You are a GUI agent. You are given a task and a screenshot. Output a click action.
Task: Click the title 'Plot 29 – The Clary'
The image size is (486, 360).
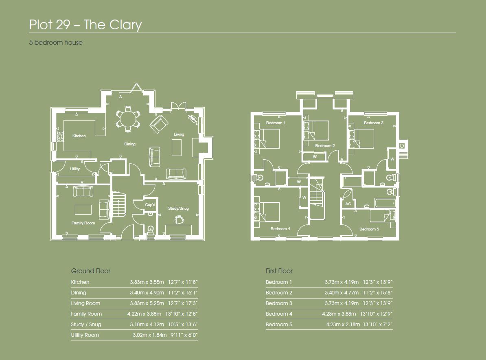(x=85, y=25)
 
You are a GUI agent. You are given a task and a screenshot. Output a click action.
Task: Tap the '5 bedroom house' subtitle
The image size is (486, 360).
(x=56, y=42)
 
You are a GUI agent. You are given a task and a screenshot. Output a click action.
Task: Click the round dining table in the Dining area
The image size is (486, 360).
(x=128, y=119)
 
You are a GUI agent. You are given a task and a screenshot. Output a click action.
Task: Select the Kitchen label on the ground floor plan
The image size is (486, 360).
(x=79, y=136)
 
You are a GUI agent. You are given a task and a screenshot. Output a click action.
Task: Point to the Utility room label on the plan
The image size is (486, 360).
(x=75, y=169)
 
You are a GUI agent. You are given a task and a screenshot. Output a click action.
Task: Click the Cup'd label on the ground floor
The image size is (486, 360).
(x=150, y=205)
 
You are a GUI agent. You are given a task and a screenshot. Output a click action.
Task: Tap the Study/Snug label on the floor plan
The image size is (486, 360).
(x=178, y=209)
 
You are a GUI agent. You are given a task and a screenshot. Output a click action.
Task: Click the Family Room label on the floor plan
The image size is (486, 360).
(x=83, y=223)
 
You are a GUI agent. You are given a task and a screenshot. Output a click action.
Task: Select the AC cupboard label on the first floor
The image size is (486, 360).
(x=348, y=204)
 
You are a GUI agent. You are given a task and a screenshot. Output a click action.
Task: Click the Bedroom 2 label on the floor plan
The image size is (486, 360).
(x=325, y=145)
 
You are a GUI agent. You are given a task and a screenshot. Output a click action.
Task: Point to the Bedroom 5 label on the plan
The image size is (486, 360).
(x=369, y=229)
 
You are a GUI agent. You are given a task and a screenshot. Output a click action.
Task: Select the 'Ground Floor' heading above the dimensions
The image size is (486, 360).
(x=90, y=271)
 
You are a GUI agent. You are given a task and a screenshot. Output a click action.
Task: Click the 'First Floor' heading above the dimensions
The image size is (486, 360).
(x=279, y=271)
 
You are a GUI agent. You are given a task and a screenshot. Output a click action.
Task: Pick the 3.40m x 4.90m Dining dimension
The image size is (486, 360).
(x=147, y=293)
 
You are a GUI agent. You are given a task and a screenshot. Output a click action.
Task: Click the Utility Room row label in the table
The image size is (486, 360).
(x=85, y=335)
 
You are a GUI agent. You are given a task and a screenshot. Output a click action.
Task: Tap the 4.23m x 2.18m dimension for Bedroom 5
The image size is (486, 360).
(x=343, y=324)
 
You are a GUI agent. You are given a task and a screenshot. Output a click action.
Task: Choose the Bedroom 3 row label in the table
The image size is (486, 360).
(x=279, y=303)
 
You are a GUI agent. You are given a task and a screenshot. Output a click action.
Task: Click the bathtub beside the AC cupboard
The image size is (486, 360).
(x=385, y=203)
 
